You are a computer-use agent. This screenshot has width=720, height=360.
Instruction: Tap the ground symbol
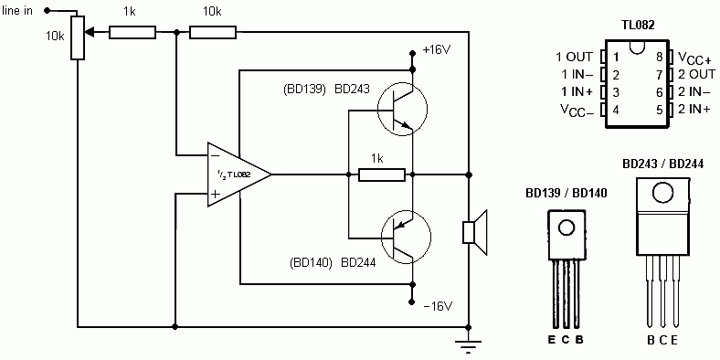469,346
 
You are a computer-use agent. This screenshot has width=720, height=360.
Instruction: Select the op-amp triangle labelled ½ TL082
238,175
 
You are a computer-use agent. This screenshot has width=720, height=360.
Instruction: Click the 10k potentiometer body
77,37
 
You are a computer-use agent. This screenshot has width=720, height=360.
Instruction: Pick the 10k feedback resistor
213,32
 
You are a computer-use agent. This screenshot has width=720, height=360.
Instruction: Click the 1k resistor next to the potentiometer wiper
132,32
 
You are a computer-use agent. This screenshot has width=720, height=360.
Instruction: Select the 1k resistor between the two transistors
382,175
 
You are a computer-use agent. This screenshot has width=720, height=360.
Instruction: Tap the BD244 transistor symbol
406,238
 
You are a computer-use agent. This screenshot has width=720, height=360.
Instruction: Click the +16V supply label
436,50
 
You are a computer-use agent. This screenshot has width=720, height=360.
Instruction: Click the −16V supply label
436,306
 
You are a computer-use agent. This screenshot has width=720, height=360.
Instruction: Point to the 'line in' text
17,11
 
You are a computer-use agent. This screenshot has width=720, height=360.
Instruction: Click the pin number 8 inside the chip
660,58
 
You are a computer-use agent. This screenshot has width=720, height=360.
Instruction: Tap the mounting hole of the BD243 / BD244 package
662,193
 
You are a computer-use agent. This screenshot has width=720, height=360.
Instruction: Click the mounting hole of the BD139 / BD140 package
566,228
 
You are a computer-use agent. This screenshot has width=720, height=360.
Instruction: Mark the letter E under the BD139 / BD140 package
552,340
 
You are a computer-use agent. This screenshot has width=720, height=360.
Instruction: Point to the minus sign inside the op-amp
215,155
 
